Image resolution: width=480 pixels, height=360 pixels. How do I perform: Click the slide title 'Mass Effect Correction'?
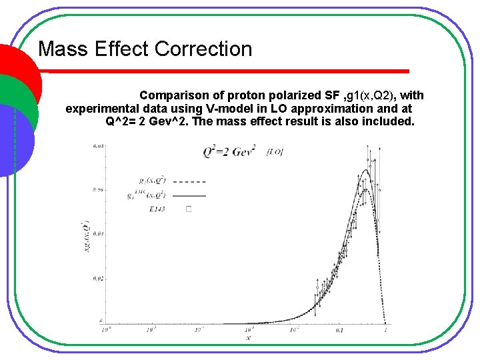coord(145,49)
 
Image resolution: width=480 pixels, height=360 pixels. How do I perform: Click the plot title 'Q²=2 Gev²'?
coord(229,152)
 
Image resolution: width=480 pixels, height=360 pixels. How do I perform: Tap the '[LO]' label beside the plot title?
coord(275,152)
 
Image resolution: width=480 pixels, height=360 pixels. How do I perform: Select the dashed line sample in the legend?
coord(193,181)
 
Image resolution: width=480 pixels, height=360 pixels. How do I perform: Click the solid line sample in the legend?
coord(193,196)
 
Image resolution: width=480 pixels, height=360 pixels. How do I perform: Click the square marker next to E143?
coord(189,209)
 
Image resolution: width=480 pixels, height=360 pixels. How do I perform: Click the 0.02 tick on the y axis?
coord(98,277)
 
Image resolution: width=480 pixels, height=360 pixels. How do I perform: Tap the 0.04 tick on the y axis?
coord(98,233)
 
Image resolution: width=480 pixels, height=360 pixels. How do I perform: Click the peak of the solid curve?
coord(365,171)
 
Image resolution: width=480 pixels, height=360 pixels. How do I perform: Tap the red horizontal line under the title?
coord(223,71)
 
